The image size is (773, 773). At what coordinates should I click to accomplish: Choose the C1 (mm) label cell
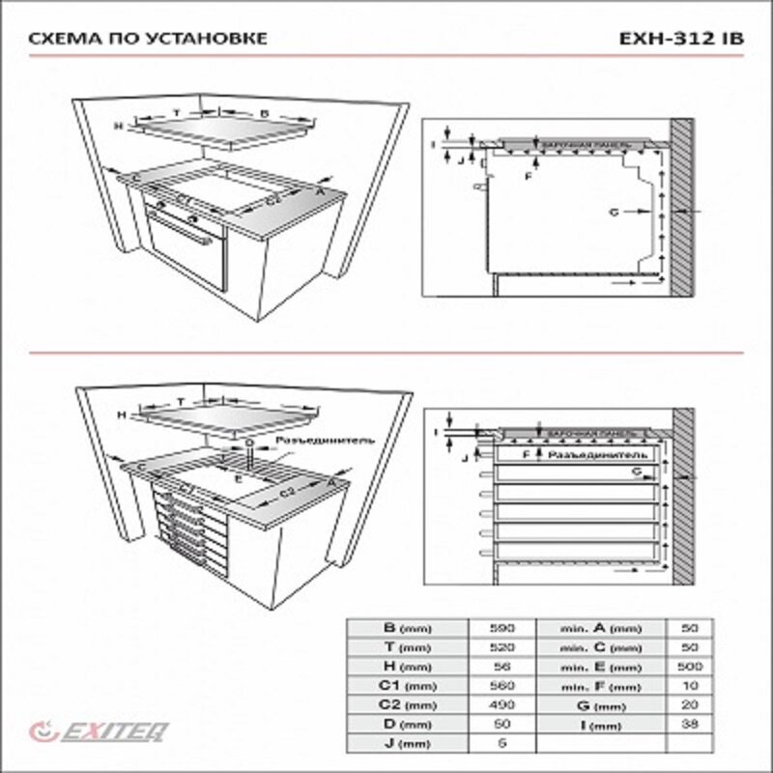click(x=405, y=685)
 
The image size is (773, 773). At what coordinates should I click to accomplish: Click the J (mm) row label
click(x=405, y=743)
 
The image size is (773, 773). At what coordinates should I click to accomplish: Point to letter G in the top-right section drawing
click(x=615, y=210)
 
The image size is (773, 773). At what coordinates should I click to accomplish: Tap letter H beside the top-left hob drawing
click(x=116, y=127)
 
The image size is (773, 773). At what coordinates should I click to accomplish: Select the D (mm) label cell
click(x=405, y=724)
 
